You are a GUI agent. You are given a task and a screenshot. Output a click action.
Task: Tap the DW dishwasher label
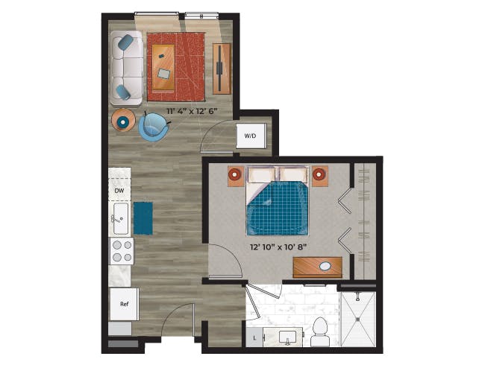click(x=119, y=191)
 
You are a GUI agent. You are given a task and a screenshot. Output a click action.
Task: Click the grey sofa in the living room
click(x=126, y=68)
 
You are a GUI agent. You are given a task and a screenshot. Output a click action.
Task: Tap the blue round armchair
click(x=154, y=126)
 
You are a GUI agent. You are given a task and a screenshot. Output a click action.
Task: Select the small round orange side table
click(x=122, y=119)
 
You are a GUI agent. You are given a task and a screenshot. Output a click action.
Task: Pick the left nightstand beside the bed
click(x=234, y=175)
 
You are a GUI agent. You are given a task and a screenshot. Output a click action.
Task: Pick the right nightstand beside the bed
click(x=320, y=175)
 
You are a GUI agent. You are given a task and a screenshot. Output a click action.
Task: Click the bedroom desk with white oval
click(x=317, y=266)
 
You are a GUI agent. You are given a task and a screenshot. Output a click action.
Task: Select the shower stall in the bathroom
click(x=358, y=319)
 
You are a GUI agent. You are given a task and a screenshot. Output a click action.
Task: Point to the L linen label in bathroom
click(x=255, y=339)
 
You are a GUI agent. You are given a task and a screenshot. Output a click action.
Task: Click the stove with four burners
click(x=121, y=252)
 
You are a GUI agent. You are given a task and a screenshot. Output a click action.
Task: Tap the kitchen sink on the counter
click(x=119, y=220)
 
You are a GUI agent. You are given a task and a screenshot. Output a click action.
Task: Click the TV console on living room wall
click(x=222, y=68)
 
